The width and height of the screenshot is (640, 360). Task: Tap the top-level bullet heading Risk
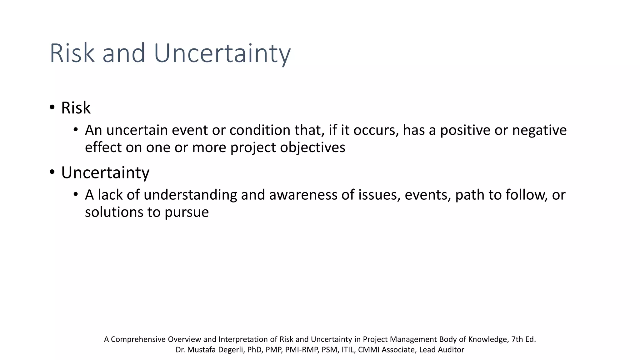pos(76,108)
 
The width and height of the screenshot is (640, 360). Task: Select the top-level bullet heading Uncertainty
pos(105,172)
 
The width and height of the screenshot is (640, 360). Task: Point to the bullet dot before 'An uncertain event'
pos(75,130)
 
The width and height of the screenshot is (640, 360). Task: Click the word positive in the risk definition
pos(465,130)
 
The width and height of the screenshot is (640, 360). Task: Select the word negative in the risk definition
pos(539,130)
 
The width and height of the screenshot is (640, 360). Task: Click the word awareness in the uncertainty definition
pos(303,195)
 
